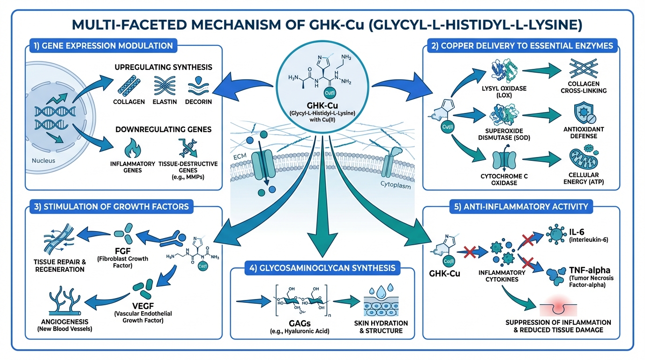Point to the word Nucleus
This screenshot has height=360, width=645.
(x=44, y=161)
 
